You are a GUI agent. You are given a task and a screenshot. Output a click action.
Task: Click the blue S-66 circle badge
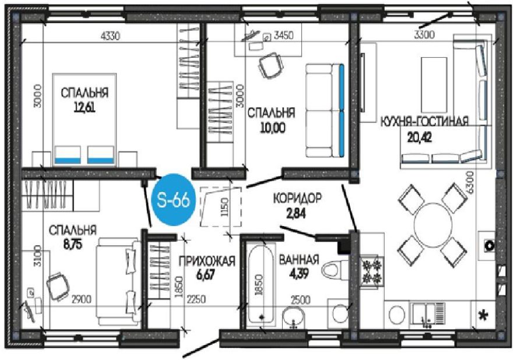(174, 200)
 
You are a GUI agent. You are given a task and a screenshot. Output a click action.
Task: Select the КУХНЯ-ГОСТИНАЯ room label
(425, 121)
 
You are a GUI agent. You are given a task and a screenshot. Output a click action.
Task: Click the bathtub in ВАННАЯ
(261, 284)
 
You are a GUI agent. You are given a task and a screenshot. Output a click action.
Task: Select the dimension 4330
(110, 36)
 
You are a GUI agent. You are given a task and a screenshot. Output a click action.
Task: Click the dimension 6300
(470, 182)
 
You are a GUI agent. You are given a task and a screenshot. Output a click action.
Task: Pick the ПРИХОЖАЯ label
(207, 261)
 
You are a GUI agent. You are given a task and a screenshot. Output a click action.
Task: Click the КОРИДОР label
(297, 199)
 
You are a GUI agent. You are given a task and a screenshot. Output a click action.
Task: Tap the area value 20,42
(420, 137)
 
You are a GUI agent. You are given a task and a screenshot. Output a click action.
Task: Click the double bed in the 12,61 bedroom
(85, 119)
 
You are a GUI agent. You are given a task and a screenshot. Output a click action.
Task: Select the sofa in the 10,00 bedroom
(325, 111)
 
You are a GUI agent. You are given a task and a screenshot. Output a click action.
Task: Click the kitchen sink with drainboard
(428, 315)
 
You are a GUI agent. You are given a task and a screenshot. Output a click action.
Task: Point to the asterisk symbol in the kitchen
(483, 315)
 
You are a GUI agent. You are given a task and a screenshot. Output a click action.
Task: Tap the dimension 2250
(196, 299)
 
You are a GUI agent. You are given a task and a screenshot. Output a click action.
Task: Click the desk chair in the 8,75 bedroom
(58, 286)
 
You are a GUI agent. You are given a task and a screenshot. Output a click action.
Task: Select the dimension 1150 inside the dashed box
(225, 207)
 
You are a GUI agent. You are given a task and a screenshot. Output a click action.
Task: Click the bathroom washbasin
(293, 318)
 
